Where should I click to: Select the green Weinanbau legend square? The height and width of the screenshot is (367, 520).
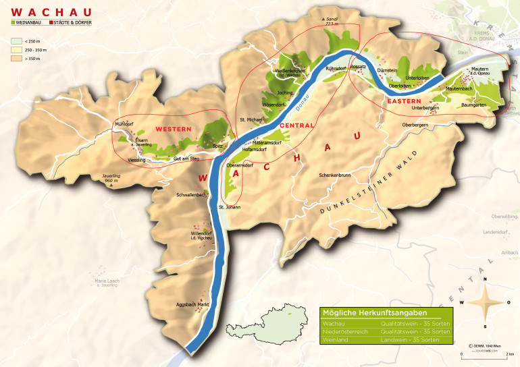click(x=15, y=23)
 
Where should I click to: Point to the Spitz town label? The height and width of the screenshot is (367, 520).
click(x=217, y=145)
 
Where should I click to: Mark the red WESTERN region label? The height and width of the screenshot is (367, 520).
click(x=174, y=128)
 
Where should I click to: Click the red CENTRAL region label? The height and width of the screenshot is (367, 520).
click(x=295, y=125)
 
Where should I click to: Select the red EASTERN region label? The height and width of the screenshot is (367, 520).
click(x=405, y=101)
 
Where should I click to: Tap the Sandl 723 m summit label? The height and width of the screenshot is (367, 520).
click(x=331, y=21)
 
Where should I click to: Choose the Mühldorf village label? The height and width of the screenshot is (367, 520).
click(x=126, y=125)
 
